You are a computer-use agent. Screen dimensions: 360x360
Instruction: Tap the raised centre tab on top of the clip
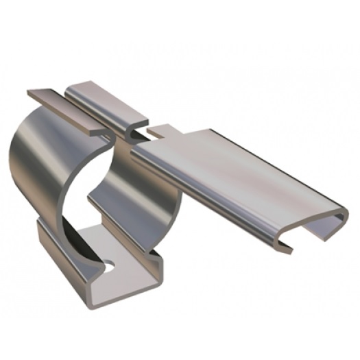[103, 96]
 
